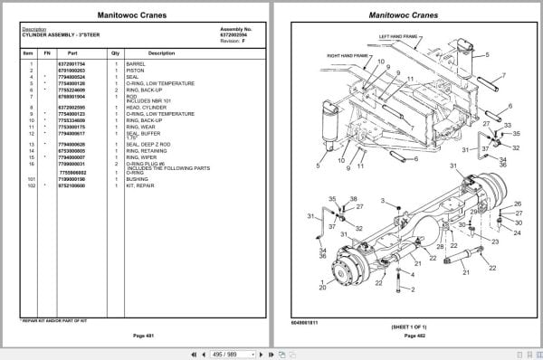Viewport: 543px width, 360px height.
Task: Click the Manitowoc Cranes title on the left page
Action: tap(139, 15)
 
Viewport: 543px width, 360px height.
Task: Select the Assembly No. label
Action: tap(234, 28)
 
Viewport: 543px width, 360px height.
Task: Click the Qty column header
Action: tap(116, 53)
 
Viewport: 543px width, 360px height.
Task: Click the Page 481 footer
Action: tap(139, 336)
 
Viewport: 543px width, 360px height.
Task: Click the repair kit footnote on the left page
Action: tap(53, 320)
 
